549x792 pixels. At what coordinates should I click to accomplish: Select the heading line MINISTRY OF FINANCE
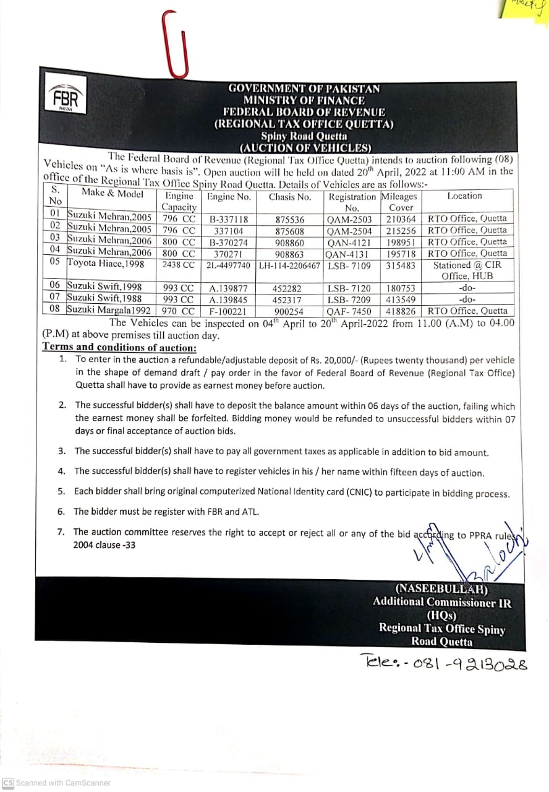click(304, 100)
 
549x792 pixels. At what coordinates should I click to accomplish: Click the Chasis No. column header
click(289, 197)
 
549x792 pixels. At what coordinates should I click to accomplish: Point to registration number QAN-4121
click(350, 242)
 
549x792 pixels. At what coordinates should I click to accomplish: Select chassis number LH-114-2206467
click(289, 265)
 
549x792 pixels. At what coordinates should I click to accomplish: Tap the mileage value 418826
click(401, 311)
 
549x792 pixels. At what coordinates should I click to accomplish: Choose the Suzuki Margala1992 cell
click(108, 310)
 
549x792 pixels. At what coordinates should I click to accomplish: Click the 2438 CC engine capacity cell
click(178, 265)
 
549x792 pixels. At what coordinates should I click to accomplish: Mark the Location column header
click(464, 196)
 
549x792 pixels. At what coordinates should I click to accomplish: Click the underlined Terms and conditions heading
click(119, 347)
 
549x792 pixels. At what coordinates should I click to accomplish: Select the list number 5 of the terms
click(61, 493)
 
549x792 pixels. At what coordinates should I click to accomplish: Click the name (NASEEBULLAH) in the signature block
click(441, 590)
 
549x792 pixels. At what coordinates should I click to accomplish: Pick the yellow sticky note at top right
click(525, 11)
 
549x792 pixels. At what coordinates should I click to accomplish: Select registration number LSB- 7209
click(350, 300)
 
